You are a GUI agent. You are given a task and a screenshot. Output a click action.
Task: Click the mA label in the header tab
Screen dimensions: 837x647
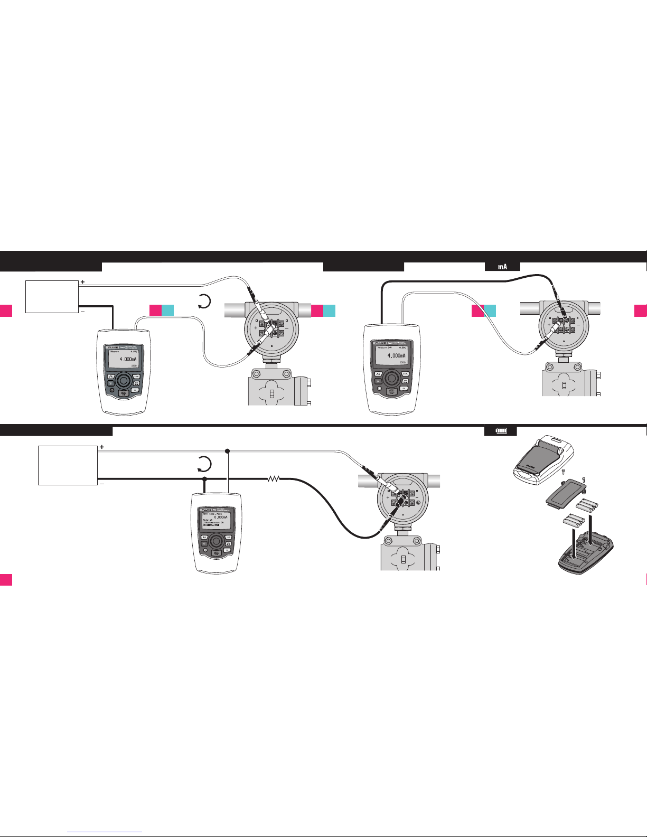[502, 267]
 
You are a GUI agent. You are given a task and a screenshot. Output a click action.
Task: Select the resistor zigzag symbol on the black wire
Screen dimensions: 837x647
[274, 479]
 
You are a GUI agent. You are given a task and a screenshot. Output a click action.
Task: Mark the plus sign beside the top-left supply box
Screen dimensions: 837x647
[82, 283]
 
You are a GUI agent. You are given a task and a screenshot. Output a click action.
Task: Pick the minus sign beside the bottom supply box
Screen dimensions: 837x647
[101, 484]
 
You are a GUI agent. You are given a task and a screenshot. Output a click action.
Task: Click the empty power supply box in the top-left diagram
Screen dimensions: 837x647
[52, 297]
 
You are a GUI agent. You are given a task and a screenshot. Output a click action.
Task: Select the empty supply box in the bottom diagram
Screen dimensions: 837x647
[68, 465]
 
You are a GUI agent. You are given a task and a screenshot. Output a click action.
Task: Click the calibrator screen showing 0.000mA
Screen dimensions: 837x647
[218, 520]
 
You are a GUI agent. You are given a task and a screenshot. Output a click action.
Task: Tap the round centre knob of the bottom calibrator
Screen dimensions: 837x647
[216, 541]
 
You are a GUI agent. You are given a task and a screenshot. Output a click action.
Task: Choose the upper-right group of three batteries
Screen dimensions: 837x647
[588, 505]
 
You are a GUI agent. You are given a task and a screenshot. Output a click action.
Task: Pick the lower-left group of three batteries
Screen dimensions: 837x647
[574, 521]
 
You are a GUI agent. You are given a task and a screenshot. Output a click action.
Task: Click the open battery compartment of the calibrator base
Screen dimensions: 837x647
[586, 554]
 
